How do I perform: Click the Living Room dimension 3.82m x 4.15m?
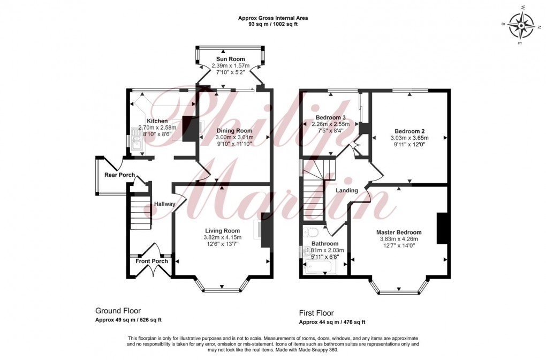coord(222,237)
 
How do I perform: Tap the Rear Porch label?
coord(119,175)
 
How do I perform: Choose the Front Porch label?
coord(151,261)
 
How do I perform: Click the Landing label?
coord(346,191)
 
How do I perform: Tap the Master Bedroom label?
coord(400,232)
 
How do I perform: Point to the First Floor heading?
coord(316,313)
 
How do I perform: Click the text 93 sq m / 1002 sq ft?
coord(274,25)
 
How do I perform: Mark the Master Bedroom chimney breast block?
coord(442,228)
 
